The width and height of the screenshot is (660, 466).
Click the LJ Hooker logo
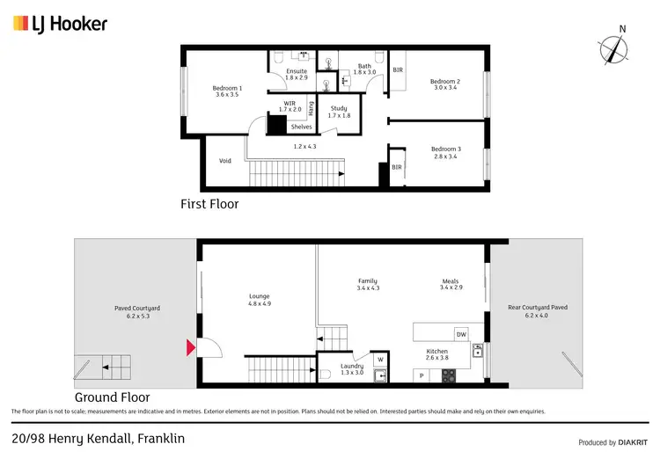tap(60, 24)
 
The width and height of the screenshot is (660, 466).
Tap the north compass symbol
tap(613, 49)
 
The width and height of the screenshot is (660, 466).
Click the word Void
tap(225, 161)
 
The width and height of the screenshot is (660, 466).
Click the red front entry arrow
tap(189, 348)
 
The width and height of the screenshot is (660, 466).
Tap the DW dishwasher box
tap(460, 334)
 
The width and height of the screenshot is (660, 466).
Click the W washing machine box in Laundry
tap(381, 359)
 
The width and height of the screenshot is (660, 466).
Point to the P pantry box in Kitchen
tap(422, 375)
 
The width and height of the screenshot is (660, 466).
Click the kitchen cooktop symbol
tap(448, 375)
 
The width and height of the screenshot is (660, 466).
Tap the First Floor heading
tap(209, 204)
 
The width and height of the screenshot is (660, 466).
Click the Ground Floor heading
tap(113, 397)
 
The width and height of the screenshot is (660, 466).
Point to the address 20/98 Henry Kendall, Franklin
tap(99, 438)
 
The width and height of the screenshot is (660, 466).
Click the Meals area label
tap(451, 284)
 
